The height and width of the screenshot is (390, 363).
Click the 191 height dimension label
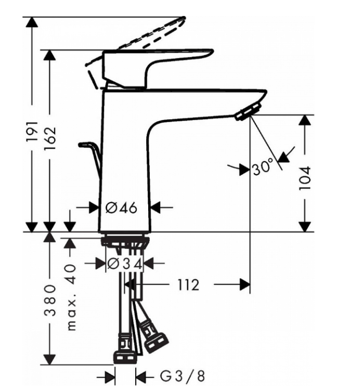click(x=32, y=132)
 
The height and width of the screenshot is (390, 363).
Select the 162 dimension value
click(x=50, y=139)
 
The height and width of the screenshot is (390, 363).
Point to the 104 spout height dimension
click(x=305, y=178)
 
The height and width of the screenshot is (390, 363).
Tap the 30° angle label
click(x=263, y=166)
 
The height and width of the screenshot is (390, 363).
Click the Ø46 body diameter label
click(x=121, y=207)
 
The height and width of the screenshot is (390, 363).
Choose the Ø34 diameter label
click(x=125, y=264)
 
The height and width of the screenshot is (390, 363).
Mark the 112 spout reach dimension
click(x=188, y=285)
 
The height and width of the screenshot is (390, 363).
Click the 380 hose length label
click(x=50, y=301)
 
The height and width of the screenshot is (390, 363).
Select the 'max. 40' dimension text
click(x=71, y=297)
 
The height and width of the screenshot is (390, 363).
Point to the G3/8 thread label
click(x=183, y=376)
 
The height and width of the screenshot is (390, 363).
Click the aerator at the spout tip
click(x=248, y=112)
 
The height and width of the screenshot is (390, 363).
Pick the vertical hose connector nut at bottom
click(x=124, y=350)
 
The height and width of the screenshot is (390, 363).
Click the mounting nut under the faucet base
click(x=125, y=241)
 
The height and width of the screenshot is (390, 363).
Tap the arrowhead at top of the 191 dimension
click(x=32, y=22)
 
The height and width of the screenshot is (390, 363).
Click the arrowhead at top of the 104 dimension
click(x=305, y=120)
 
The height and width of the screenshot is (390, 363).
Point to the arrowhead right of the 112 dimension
click(x=245, y=284)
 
